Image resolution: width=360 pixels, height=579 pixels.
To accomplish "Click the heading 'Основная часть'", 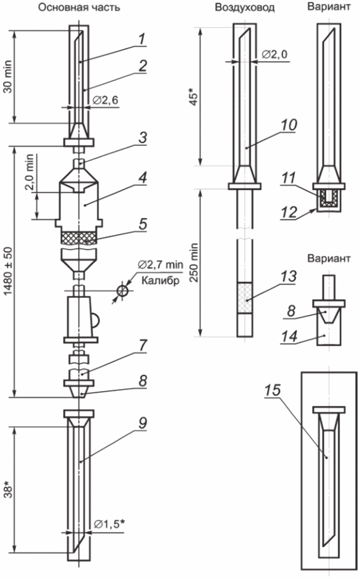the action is (x=79, y=8).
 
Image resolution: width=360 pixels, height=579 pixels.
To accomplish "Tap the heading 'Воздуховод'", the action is (x=244, y=8).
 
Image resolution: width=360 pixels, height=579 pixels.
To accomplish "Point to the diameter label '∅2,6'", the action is (x=106, y=100).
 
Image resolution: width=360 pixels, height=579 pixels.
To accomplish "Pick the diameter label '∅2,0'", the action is (x=275, y=54).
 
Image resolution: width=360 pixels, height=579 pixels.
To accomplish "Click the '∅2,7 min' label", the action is (x=160, y=265).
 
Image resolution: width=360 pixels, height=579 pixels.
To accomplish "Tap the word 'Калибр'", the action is (x=160, y=280).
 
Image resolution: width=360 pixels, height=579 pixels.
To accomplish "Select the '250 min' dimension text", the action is (x=194, y=263).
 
